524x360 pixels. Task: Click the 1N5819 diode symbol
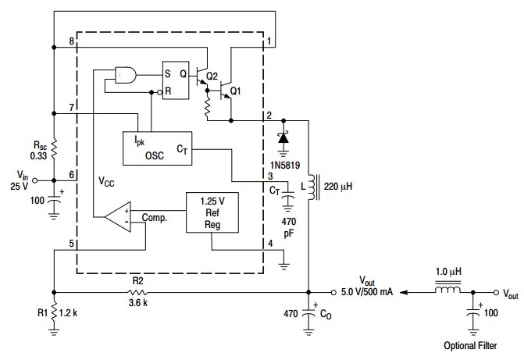tap(283, 137)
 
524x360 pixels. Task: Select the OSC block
tap(158, 148)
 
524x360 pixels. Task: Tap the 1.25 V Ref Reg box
tap(212, 212)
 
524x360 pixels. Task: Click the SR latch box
tap(176, 80)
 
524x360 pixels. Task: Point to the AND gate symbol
tap(126, 75)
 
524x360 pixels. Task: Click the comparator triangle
tap(118, 216)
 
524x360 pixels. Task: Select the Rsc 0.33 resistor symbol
tap(54, 150)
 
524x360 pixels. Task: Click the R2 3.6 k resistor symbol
tap(138, 293)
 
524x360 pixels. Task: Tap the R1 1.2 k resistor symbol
tap(54, 312)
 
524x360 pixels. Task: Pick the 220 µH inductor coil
tap(312, 187)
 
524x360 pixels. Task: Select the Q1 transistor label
tap(236, 91)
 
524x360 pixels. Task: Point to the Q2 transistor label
tap(212, 77)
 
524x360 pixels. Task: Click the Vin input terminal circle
tap(34, 180)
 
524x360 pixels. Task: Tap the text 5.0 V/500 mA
tap(366, 292)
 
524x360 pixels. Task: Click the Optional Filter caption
tap(470, 346)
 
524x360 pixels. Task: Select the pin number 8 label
tap(72, 41)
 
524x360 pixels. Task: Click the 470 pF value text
tap(289, 227)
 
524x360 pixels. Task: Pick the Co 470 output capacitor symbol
tap(308, 313)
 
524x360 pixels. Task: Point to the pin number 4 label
tap(270, 244)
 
